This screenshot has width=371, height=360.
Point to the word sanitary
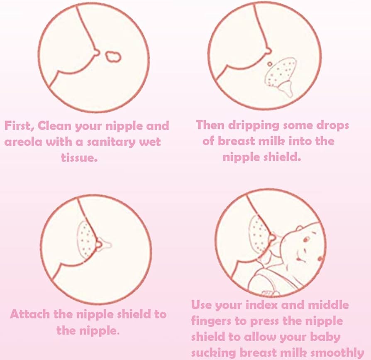pos(109,142)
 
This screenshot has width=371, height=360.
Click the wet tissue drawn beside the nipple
pos(112,56)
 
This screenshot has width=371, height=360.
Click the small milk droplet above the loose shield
pos(269,64)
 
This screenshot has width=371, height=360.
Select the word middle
pos(328,305)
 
